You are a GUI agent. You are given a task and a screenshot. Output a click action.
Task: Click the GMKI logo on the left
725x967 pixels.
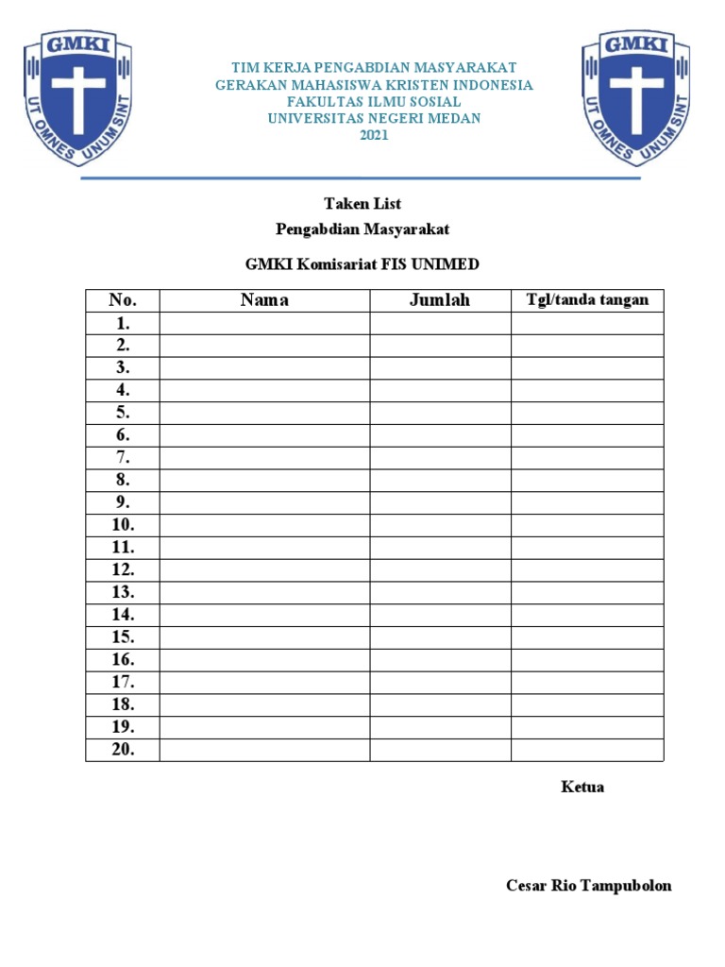pos(77,98)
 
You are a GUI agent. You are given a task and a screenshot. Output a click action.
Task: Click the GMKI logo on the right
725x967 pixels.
pos(635,98)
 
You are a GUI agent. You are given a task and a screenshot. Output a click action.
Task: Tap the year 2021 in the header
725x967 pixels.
pos(375,135)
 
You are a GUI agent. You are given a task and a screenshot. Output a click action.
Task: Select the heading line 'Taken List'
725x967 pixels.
pos(362,203)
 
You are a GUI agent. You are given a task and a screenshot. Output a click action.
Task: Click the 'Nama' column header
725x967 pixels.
pos(264,300)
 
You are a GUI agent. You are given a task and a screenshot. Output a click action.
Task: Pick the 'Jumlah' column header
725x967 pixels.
pos(440,300)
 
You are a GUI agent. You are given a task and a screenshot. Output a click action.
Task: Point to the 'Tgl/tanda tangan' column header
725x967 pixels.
pos(587,300)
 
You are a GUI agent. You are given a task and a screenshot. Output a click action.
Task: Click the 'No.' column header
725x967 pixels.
pos(123,300)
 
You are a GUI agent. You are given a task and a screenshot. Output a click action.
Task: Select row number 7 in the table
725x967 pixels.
pos(123,457)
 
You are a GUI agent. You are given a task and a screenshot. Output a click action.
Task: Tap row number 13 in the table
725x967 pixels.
pos(123,592)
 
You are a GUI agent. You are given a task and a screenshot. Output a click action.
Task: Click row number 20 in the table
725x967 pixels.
pos(123,750)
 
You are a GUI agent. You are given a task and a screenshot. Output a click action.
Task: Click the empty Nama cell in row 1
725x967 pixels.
pos(264,323)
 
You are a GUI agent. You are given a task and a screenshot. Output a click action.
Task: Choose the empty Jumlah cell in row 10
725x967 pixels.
pos(440,525)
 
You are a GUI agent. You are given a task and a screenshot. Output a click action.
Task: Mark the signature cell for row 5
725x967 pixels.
pos(587,413)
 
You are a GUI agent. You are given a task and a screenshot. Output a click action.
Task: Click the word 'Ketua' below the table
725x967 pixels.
pos(582,787)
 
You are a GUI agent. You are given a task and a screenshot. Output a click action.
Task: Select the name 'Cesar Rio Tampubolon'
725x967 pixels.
pos(589,886)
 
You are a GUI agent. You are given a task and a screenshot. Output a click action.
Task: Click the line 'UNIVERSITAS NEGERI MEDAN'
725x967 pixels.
pos(375,118)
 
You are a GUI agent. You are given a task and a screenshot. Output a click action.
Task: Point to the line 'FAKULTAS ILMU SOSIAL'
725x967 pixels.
pos(375,101)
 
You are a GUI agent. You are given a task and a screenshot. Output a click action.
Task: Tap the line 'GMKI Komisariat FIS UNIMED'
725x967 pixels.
pos(362,264)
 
